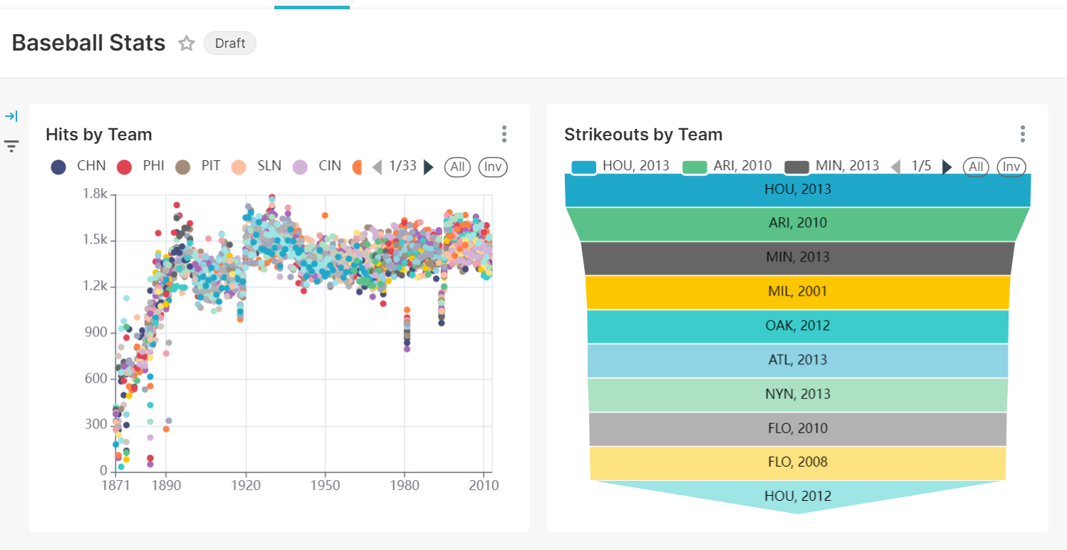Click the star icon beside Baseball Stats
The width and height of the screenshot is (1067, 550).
(x=187, y=43)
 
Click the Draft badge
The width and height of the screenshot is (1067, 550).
(x=229, y=43)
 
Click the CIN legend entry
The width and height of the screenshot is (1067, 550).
(x=316, y=167)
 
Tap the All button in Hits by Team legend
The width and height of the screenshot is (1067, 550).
(x=457, y=167)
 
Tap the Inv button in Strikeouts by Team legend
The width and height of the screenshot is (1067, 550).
(x=1011, y=167)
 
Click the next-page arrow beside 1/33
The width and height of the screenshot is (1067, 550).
(x=428, y=167)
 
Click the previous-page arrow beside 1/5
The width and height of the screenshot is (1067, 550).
(x=896, y=167)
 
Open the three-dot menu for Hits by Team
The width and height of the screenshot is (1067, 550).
(x=504, y=134)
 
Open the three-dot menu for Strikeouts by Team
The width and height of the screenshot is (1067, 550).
(x=1022, y=134)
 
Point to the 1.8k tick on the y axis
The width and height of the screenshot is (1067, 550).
(x=95, y=194)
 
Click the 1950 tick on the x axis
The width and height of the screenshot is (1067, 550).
(x=326, y=485)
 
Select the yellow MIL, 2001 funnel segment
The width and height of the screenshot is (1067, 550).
(x=798, y=291)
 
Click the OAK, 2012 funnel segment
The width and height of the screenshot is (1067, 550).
(x=798, y=326)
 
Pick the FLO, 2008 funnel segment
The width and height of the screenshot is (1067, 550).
(x=798, y=462)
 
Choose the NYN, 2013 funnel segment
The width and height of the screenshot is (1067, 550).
(x=798, y=394)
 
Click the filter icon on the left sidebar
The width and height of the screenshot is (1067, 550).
(x=11, y=147)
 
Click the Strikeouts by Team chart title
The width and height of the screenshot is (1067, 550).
(x=643, y=135)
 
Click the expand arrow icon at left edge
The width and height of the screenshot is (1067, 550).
(x=11, y=116)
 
